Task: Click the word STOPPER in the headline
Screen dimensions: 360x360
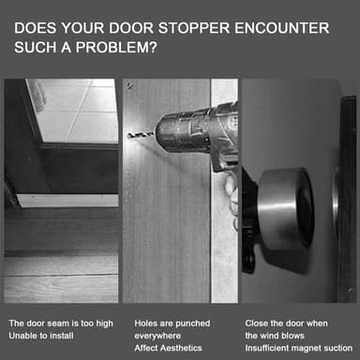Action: coord(194,28)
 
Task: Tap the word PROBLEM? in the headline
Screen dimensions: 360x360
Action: coord(116,48)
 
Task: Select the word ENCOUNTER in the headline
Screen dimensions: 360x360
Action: coord(282,28)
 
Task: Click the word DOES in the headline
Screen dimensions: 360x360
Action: coord(36,28)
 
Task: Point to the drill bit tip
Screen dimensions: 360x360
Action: coord(129,136)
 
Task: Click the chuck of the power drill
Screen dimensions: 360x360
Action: coord(172,133)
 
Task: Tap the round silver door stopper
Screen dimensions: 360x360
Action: coord(286,208)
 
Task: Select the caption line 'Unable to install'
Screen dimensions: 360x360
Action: coord(41,336)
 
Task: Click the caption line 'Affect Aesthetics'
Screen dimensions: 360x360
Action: coord(168,348)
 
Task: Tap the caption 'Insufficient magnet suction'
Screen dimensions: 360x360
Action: coord(299,348)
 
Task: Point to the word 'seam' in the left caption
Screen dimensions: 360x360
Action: coord(52,323)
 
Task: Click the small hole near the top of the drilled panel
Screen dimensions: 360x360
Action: coord(129,86)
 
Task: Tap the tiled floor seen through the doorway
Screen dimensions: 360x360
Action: coord(77,110)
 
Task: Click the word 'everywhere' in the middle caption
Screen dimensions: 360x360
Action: coord(157,336)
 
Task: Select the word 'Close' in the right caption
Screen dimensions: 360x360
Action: coord(256,323)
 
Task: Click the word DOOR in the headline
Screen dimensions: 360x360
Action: coord(131,28)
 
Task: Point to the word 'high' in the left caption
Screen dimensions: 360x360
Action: coord(104,323)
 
